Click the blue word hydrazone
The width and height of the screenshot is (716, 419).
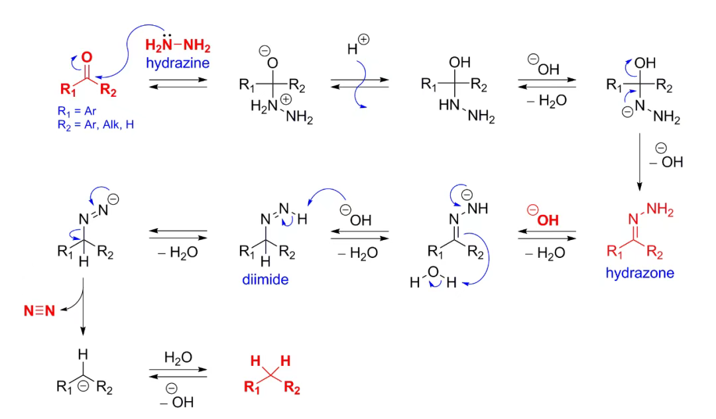[639, 272]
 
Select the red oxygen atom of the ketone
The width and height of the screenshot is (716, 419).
[87, 58]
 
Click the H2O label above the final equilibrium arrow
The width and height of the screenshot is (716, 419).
[178, 358]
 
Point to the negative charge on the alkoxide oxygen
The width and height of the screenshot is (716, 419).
[264, 50]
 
